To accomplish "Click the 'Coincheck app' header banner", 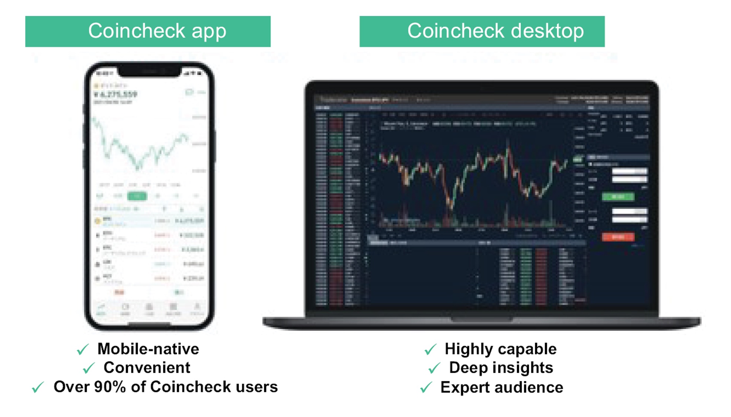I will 148,31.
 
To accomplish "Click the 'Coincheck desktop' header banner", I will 482,31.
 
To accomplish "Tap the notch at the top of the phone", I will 149,71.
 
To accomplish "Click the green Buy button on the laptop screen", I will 618,196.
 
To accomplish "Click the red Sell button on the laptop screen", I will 618,237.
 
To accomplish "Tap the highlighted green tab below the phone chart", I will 137,195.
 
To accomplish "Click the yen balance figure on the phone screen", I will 116,94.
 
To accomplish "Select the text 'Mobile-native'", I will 148,349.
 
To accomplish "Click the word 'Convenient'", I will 147,368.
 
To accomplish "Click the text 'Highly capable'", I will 500,349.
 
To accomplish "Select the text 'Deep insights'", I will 501,368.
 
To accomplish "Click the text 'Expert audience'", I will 502,387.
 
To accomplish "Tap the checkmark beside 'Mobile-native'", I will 83,349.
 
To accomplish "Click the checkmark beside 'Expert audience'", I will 426,388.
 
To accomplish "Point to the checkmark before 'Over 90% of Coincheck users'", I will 38,387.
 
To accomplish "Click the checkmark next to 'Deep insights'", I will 434,368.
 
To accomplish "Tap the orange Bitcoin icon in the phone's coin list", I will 98,221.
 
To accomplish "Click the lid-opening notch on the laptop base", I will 482,319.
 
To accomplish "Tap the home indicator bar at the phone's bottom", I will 149,324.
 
